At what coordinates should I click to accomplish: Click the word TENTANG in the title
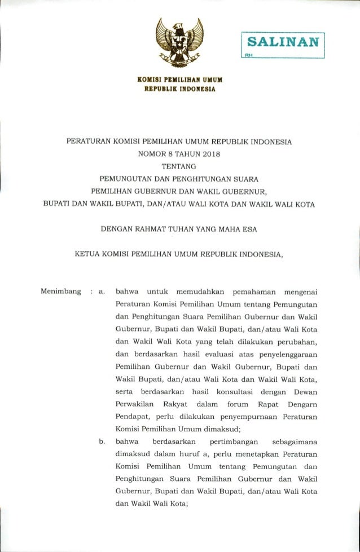[178, 166]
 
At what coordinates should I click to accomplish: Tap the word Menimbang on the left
[60, 292]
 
